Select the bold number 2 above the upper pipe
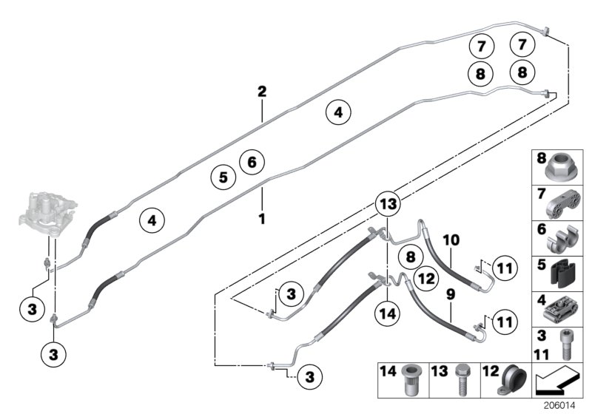coord(261,92)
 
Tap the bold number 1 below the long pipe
coord(260,219)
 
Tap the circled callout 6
coord(252,160)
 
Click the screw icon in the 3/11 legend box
coord(568,342)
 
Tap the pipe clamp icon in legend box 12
coord(510,379)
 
